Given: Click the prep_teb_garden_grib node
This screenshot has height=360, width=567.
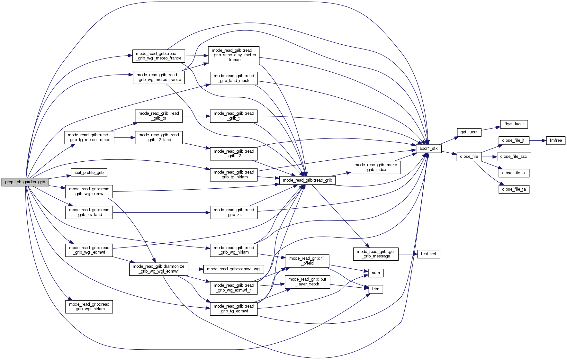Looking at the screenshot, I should point(25,182).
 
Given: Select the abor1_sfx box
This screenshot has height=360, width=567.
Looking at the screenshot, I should point(428,148).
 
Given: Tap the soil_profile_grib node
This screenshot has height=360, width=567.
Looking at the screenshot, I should point(89,173).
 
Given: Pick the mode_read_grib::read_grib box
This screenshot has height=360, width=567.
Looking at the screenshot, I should point(307,180).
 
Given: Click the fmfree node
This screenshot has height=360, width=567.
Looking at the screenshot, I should point(556,140).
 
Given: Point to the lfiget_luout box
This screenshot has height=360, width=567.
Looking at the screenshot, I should point(514,124).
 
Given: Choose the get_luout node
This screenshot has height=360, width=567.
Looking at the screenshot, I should point(469,132).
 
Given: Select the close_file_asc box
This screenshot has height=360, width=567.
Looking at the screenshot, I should point(514,157).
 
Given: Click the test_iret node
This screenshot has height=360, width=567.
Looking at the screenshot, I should point(428,254).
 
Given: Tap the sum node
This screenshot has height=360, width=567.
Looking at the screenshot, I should point(376,273).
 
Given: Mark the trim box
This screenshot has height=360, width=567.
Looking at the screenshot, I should point(376,289).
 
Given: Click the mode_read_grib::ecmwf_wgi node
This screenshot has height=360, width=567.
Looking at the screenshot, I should point(234,269).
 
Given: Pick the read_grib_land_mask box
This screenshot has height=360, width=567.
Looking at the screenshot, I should point(234,78).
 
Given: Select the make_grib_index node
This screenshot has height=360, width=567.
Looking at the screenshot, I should point(376,167).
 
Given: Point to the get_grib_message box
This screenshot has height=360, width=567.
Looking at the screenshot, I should point(376,254).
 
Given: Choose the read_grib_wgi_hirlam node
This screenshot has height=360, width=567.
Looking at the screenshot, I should point(89,307).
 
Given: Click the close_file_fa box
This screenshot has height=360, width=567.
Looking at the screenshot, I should point(514,189).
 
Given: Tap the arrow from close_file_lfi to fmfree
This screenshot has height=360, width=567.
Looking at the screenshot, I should point(538,140).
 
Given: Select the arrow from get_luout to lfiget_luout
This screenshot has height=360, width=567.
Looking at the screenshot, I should point(491,128).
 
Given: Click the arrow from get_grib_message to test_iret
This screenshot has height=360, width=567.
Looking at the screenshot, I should point(408,254).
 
